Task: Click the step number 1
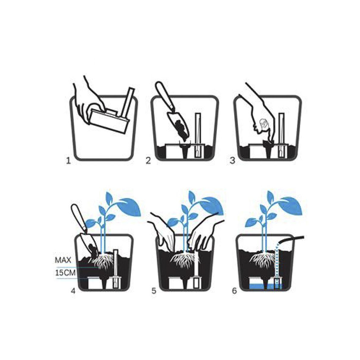click(68, 161)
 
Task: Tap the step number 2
click(148, 161)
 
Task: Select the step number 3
click(233, 161)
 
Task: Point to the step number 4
click(73, 291)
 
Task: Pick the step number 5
click(154, 291)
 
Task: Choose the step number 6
click(234, 291)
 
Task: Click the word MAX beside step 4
click(63, 260)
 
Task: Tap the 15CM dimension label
click(65, 273)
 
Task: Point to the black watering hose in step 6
click(292, 240)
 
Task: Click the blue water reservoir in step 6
click(265, 286)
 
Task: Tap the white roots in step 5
click(185, 261)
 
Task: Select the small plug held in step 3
click(264, 125)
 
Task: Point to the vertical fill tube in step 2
click(198, 135)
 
